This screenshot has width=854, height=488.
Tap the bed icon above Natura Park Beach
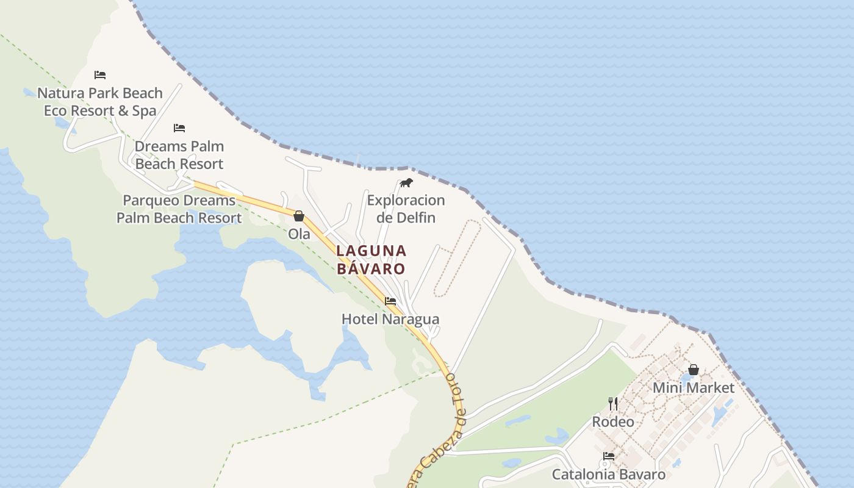[100, 75]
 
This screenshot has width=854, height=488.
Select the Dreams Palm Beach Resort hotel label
[179, 155]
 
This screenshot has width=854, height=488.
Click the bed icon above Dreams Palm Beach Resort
[179, 128]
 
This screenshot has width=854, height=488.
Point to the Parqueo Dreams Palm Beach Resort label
[179, 209]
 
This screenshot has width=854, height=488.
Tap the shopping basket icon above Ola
[299, 216]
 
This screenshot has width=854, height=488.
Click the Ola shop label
[299, 234]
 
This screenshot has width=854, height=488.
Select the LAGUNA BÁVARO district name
[371, 259]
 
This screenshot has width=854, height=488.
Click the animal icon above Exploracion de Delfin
[406, 183]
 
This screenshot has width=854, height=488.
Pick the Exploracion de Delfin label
[406, 209]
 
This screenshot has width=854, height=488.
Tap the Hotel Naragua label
[390, 319]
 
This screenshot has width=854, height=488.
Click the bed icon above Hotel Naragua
[390, 301]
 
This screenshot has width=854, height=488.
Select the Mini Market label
[694, 387]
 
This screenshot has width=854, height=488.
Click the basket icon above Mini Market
[694, 370]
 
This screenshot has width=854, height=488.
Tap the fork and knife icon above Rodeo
[613, 403]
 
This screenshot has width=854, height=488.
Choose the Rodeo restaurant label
[613, 422]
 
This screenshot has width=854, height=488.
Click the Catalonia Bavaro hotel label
[609, 474]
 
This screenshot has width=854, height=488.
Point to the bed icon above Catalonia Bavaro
[609, 456]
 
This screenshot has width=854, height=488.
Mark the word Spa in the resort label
[145, 111]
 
